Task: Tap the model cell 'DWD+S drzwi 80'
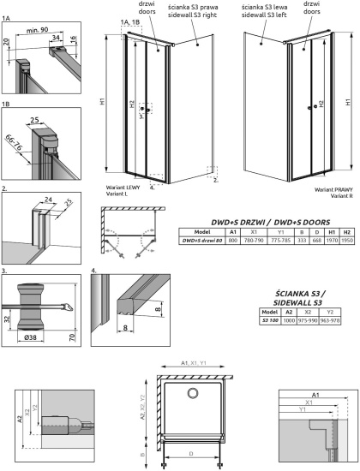[x=202, y=241]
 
